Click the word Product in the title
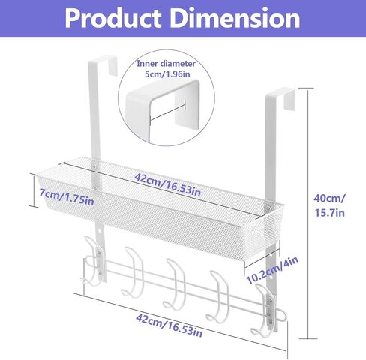click(113, 19)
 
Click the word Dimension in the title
click(235, 18)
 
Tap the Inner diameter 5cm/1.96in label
click(166, 68)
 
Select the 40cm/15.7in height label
click(329, 205)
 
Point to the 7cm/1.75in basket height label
click(67, 197)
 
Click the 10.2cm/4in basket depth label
click(272, 270)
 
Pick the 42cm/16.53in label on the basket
click(167, 184)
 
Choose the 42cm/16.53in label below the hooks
click(169, 325)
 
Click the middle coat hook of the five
click(175, 283)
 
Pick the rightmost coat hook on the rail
click(265, 310)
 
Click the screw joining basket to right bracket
click(268, 207)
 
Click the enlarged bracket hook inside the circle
click(163, 110)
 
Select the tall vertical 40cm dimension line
click(307, 213)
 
